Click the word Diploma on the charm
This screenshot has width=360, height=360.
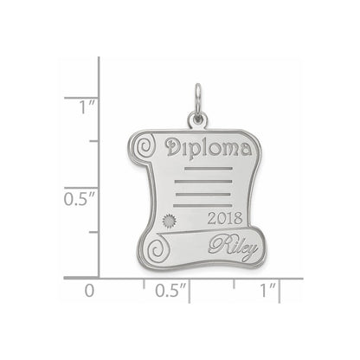coord(209,147)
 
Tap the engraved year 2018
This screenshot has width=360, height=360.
coord(225,218)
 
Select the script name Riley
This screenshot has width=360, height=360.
coord(233,248)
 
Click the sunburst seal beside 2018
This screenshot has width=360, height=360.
coord(169,222)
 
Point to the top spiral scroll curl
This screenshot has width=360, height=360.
coord(145,146)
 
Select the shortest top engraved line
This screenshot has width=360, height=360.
coord(209,168)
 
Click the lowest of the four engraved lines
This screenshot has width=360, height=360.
coord(202,206)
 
